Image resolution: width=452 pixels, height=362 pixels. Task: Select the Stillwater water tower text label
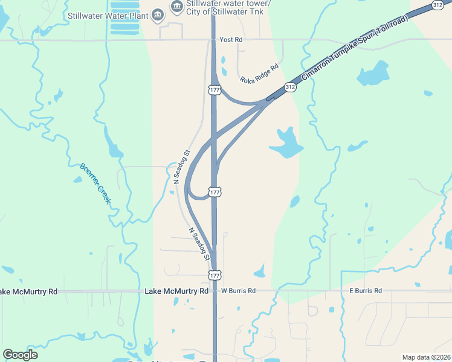click(x=228, y=7)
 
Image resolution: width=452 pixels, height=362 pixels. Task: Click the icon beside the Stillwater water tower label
click(x=176, y=7)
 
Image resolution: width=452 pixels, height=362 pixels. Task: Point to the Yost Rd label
click(x=231, y=39)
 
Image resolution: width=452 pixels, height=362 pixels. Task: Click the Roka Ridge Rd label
click(x=259, y=73)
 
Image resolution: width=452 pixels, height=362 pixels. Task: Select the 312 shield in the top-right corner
click(x=438, y=5)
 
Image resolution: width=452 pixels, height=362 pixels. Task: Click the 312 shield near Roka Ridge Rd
click(x=290, y=87)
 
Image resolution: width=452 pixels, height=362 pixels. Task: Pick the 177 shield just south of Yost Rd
click(x=215, y=90)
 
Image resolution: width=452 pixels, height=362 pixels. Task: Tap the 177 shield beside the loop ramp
click(x=215, y=192)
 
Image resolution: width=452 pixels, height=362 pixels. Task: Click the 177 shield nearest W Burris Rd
click(x=215, y=275)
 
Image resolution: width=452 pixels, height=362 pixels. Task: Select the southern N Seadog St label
click(x=199, y=244)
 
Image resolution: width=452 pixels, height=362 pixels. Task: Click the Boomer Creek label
click(x=95, y=183)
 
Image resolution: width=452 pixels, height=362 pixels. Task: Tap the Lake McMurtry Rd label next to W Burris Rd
click(x=176, y=291)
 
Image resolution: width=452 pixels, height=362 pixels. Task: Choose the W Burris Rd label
click(x=238, y=291)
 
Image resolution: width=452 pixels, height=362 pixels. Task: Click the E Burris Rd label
click(x=366, y=291)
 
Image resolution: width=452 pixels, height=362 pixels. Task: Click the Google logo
click(x=21, y=354)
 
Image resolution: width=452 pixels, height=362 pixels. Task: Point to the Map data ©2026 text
click(x=426, y=357)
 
